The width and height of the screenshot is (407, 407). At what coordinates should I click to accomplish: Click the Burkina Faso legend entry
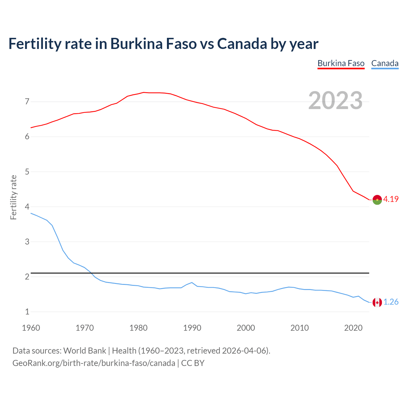[341, 63]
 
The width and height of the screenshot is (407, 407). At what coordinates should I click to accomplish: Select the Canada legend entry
[385, 63]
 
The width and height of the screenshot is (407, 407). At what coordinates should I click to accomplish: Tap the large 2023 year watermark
[335, 100]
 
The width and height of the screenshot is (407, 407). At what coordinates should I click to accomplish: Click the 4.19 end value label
[391, 199]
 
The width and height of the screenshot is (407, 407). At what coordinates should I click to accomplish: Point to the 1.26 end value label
[391, 302]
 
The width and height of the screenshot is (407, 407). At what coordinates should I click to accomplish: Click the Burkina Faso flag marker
[377, 200]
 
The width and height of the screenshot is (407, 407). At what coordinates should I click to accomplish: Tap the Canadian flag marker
[377, 302]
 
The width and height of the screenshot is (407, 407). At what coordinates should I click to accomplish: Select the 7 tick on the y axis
[27, 102]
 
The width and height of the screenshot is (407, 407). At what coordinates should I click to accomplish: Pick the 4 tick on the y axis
[27, 207]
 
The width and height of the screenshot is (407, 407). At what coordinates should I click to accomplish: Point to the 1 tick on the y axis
[27, 312]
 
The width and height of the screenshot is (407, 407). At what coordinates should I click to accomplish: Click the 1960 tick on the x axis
[31, 328]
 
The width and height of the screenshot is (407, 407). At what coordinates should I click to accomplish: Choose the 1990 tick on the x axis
[192, 328]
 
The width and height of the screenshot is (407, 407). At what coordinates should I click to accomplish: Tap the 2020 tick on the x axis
[353, 328]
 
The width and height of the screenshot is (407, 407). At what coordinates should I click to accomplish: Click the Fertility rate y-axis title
[13, 197]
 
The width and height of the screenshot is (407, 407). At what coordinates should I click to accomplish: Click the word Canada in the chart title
[242, 44]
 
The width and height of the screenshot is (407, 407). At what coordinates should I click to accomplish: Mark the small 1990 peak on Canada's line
[192, 282]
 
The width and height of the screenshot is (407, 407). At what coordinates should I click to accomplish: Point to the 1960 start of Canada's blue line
[31, 213]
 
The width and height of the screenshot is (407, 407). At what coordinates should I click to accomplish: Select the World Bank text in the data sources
[85, 351]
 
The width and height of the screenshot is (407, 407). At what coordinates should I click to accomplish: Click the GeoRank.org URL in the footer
[93, 363]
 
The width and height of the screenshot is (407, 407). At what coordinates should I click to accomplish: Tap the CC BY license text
[193, 363]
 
